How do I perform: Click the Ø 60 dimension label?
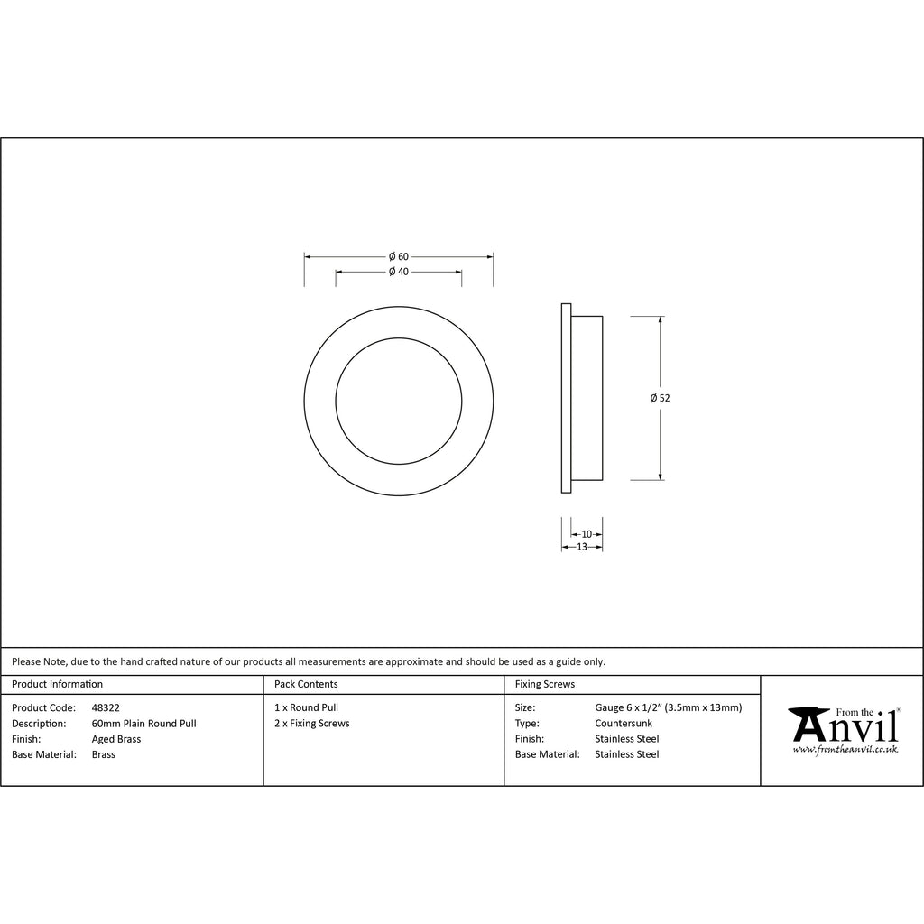tap(398, 257)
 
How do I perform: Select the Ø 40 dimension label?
tap(398, 272)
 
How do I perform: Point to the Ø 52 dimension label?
tap(661, 398)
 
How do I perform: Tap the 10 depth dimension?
tap(587, 534)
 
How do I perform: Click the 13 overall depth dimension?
tap(581, 547)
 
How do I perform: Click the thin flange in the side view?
tap(566, 398)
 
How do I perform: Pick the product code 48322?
tap(106, 708)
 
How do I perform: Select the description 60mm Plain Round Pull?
tap(143, 724)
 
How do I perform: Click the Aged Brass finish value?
tap(116, 739)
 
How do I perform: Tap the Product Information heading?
tap(58, 685)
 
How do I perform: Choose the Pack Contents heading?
tap(306, 685)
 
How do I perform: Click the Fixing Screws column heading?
tap(544, 685)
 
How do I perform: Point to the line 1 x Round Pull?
tap(307, 708)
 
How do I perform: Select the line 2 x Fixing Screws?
tap(312, 724)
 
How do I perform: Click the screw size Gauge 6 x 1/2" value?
tap(668, 708)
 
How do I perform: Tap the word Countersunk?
tap(623, 724)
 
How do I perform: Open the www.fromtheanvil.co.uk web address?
tap(845, 750)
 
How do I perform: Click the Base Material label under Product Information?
tap(44, 754)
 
